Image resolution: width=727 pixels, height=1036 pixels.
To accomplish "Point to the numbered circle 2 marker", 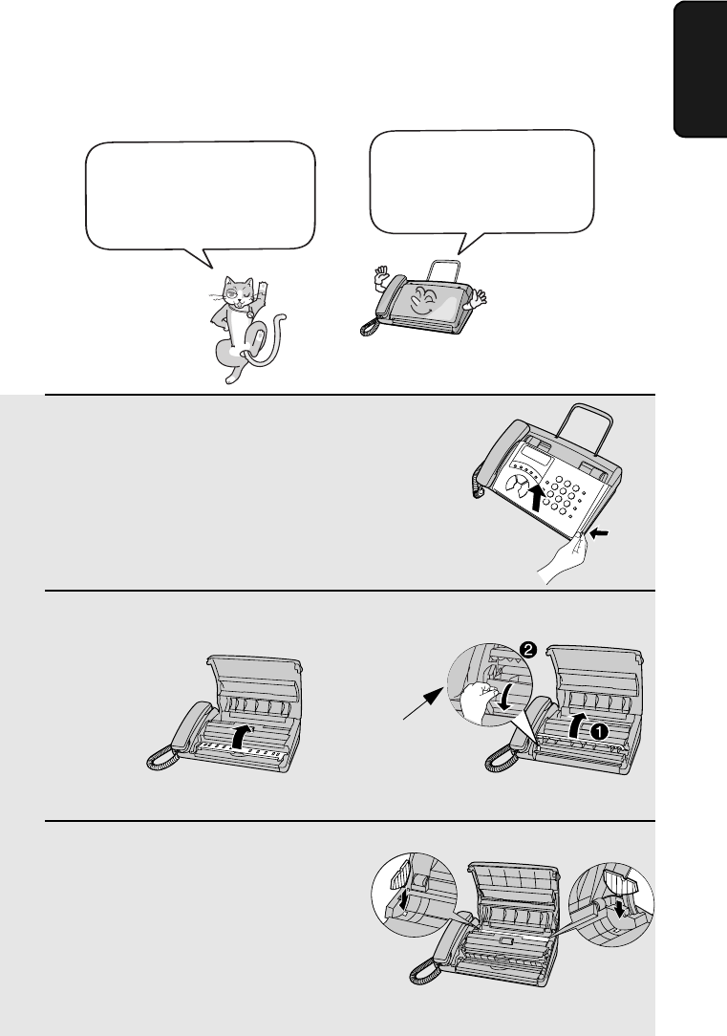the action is pyautogui.click(x=527, y=650).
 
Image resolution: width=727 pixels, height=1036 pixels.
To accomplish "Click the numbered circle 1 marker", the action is pyautogui.click(x=598, y=731).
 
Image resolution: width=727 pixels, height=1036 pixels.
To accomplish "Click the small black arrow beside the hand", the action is pyautogui.click(x=600, y=532).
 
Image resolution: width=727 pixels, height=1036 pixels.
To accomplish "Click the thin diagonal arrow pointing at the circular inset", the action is pyautogui.click(x=423, y=703).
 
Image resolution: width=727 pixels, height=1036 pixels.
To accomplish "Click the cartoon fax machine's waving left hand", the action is pyautogui.click(x=380, y=277).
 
